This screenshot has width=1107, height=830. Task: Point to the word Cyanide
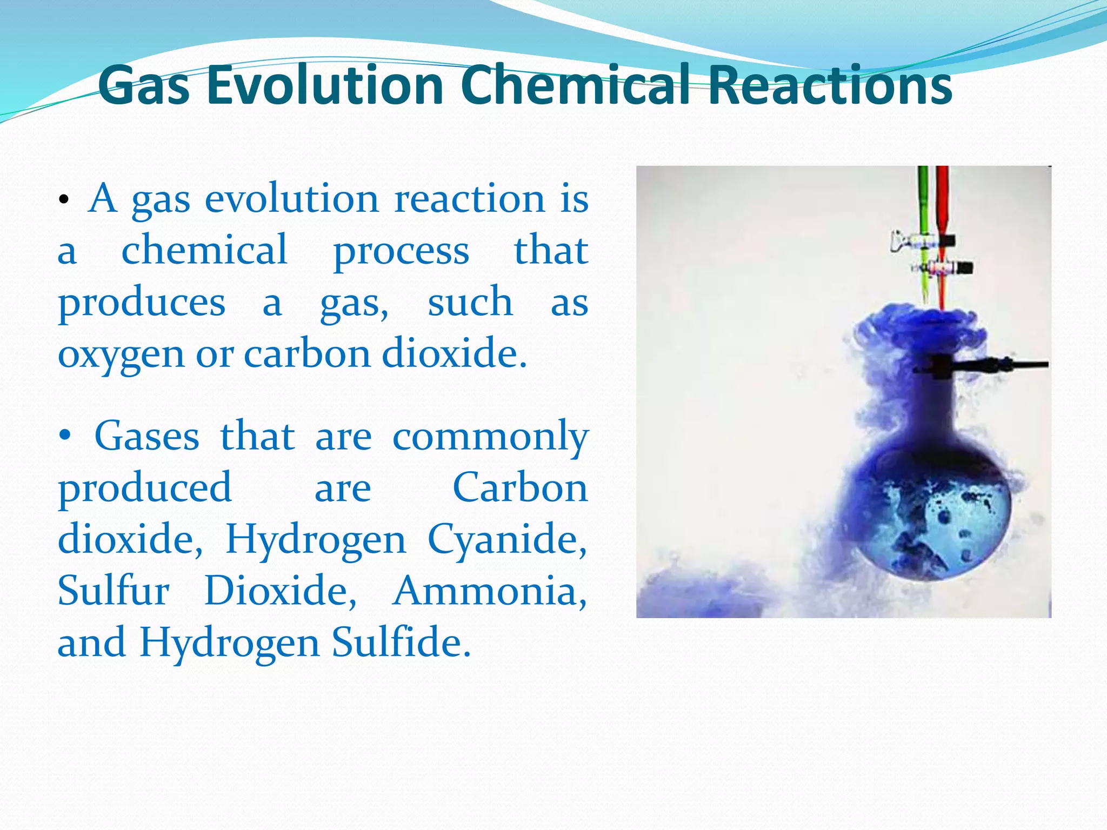(x=506, y=539)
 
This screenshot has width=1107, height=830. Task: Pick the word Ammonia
(x=489, y=591)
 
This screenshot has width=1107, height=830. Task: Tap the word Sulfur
(x=114, y=591)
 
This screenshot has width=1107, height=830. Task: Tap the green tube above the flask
(x=923, y=205)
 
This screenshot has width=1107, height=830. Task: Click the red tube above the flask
(x=942, y=205)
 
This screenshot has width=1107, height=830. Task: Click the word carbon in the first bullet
(x=307, y=353)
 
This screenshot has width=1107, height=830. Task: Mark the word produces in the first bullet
(x=142, y=303)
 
